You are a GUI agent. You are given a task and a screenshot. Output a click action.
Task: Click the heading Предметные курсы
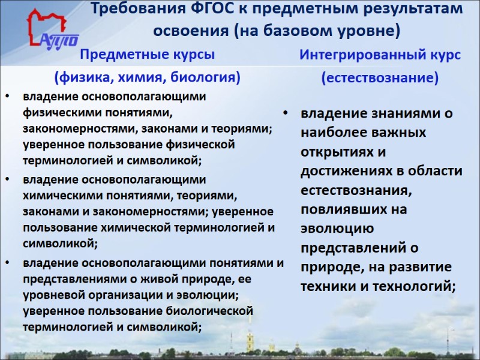coord(148,55)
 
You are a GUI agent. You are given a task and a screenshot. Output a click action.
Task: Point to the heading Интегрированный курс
coord(380,55)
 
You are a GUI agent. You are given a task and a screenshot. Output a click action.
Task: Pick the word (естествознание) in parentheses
coord(380,78)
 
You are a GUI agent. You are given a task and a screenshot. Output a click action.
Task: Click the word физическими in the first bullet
coord(56,113)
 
